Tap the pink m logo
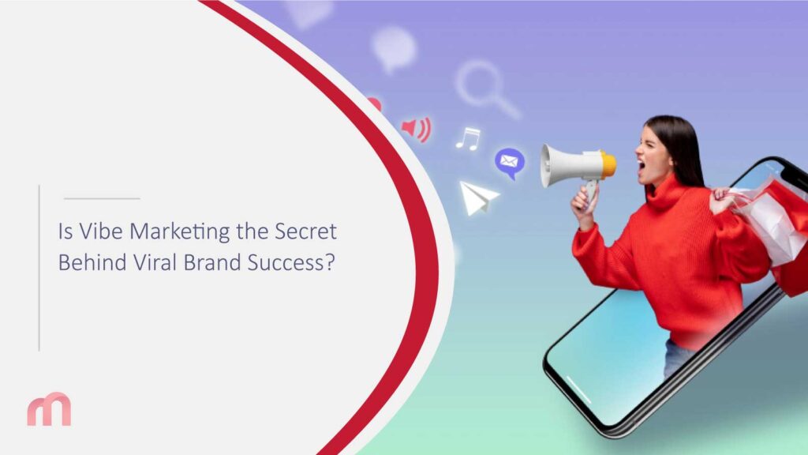pyautogui.click(x=49, y=410)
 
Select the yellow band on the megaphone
pyautogui.click(x=608, y=164)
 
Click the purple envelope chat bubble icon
pyautogui.click(x=509, y=162)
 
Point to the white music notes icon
pyautogui.click(x=468, y=139)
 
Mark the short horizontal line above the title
pyautogui.click(x=101, y=198)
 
